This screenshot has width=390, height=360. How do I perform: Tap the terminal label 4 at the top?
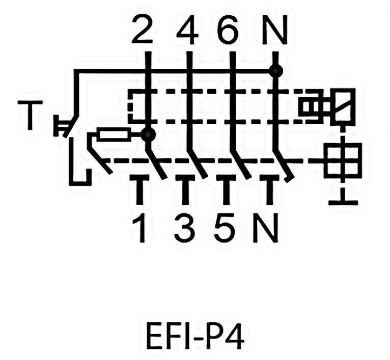(x=187, y=30)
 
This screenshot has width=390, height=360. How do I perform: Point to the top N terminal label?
(x=275, y=30)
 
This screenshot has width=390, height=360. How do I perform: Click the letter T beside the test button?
(x=30, y=115)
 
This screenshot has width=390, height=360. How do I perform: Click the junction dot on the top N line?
(x=276, y=71)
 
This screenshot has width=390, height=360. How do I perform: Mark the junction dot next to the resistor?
(x=148, y=135)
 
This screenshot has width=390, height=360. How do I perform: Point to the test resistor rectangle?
(x=114, y=135)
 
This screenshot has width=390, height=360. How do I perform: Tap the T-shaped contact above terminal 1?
(x=141, y=186)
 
